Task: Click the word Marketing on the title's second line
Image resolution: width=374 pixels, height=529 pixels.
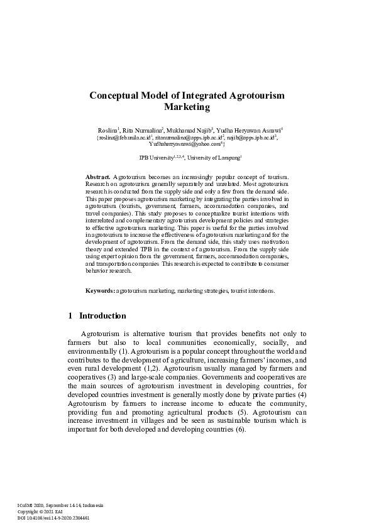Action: point(187,107)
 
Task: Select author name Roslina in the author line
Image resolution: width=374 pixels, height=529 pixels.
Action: point(108,129)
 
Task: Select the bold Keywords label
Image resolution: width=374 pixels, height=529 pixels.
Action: point(100,291)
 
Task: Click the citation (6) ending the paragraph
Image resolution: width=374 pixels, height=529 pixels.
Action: point(240,430)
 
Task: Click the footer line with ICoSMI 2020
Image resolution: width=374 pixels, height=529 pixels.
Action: point(60,505)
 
